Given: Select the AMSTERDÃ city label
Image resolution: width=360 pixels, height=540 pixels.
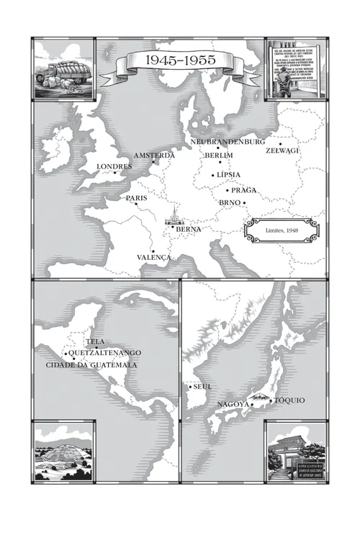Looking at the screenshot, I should (x=154, y=156).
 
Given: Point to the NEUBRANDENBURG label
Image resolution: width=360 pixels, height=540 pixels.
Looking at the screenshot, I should (x=228, y=142).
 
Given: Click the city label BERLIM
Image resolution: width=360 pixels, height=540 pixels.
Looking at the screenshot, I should (x=219, y=156).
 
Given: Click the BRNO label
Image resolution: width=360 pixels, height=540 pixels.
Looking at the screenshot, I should (x=229, y=203).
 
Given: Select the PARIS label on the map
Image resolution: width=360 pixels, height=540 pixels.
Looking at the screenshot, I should (x=136, y=197).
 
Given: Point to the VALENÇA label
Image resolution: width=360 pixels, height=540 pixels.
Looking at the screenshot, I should (x=154, y=257).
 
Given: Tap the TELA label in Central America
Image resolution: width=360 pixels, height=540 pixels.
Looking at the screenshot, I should (x=95, y=341).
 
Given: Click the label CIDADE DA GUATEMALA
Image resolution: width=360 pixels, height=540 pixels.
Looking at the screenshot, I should (x=91, y=365).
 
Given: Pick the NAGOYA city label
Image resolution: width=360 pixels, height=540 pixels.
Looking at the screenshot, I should (x=233, y=405).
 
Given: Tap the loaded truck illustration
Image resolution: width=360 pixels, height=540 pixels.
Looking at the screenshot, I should (x=65, y=69).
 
